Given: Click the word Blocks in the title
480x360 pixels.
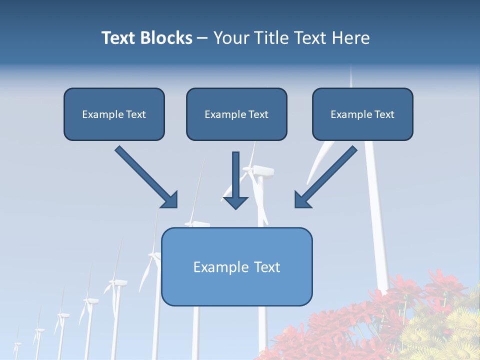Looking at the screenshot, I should [166, 38].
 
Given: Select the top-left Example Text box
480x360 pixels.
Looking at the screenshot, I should [114, 114].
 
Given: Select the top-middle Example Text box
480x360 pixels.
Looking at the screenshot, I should [236, 114].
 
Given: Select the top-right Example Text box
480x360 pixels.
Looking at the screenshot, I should [362, 114].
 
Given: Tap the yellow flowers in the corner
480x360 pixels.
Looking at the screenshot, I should [445, 335].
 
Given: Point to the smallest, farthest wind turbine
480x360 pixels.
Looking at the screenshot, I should [17, 344].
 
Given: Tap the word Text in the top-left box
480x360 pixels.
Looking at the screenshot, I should [136, 114].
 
